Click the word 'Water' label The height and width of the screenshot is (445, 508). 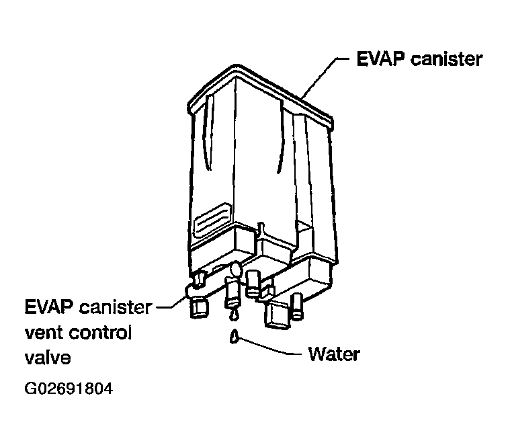333,354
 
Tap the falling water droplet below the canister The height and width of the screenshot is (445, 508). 234,335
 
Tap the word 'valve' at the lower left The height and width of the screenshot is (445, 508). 47,357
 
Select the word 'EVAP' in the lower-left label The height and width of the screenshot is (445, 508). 50,308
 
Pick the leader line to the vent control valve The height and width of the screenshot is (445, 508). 171,307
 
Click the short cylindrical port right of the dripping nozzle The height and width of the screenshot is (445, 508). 253,282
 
